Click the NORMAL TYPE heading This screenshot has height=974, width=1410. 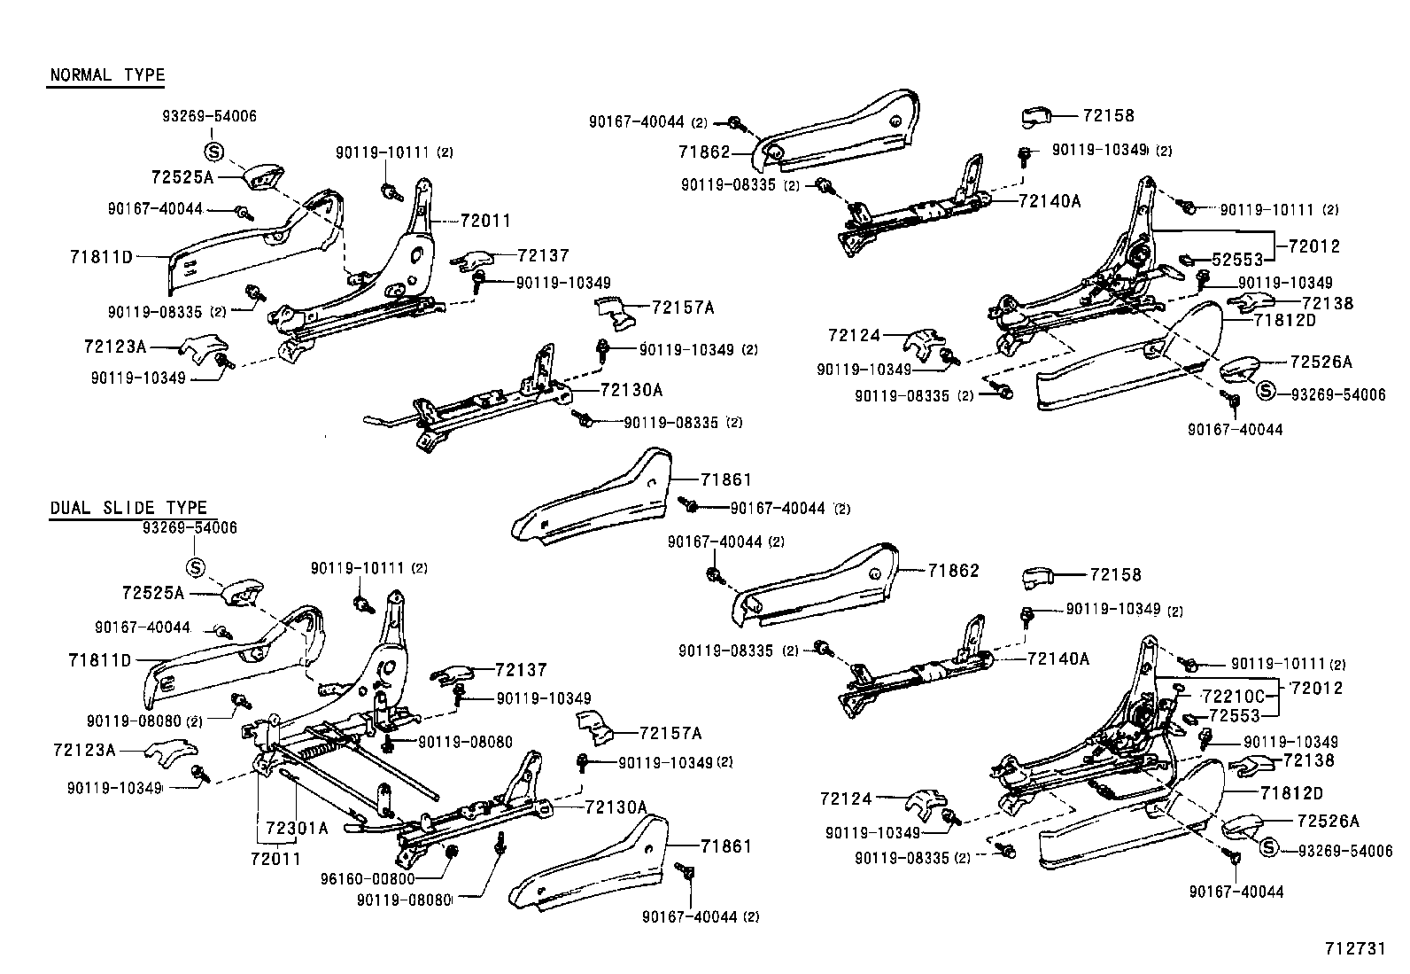pyautogui.click(x=107, y=74)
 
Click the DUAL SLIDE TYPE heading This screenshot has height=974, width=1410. pyautogui.click(x=128, y=508)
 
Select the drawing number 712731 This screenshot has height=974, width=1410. pyautogui.click(x=1353, y=948)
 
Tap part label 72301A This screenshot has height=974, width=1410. pyautogui.click(x=297, y=828)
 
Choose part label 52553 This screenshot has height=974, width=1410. pyautogui.click(x=1236, y=261)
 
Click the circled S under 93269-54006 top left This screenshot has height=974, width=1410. pyautogui.click(x=213, y=150)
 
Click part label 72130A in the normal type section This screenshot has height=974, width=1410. pyautogui.click(x=631, y=390)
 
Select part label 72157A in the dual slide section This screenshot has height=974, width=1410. pyautogui.click(x=670, y=733)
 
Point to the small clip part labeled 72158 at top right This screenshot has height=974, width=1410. pyautogui.click(x=1034, y=116)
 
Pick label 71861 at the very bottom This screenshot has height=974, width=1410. pyautogui.click(x=725, y=846)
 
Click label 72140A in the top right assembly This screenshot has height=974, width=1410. pyautogui.click(x=1050, y=201)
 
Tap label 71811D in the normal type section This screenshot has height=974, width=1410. pyautogui.click(x=101, y=258)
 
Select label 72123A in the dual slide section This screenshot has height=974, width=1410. pyautogui.click(x=85, y=750)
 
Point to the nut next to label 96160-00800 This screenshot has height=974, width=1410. pyautogui.click(x=450, y=852)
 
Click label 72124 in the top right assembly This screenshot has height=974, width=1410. pyautogui.click(x=855, y=335)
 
